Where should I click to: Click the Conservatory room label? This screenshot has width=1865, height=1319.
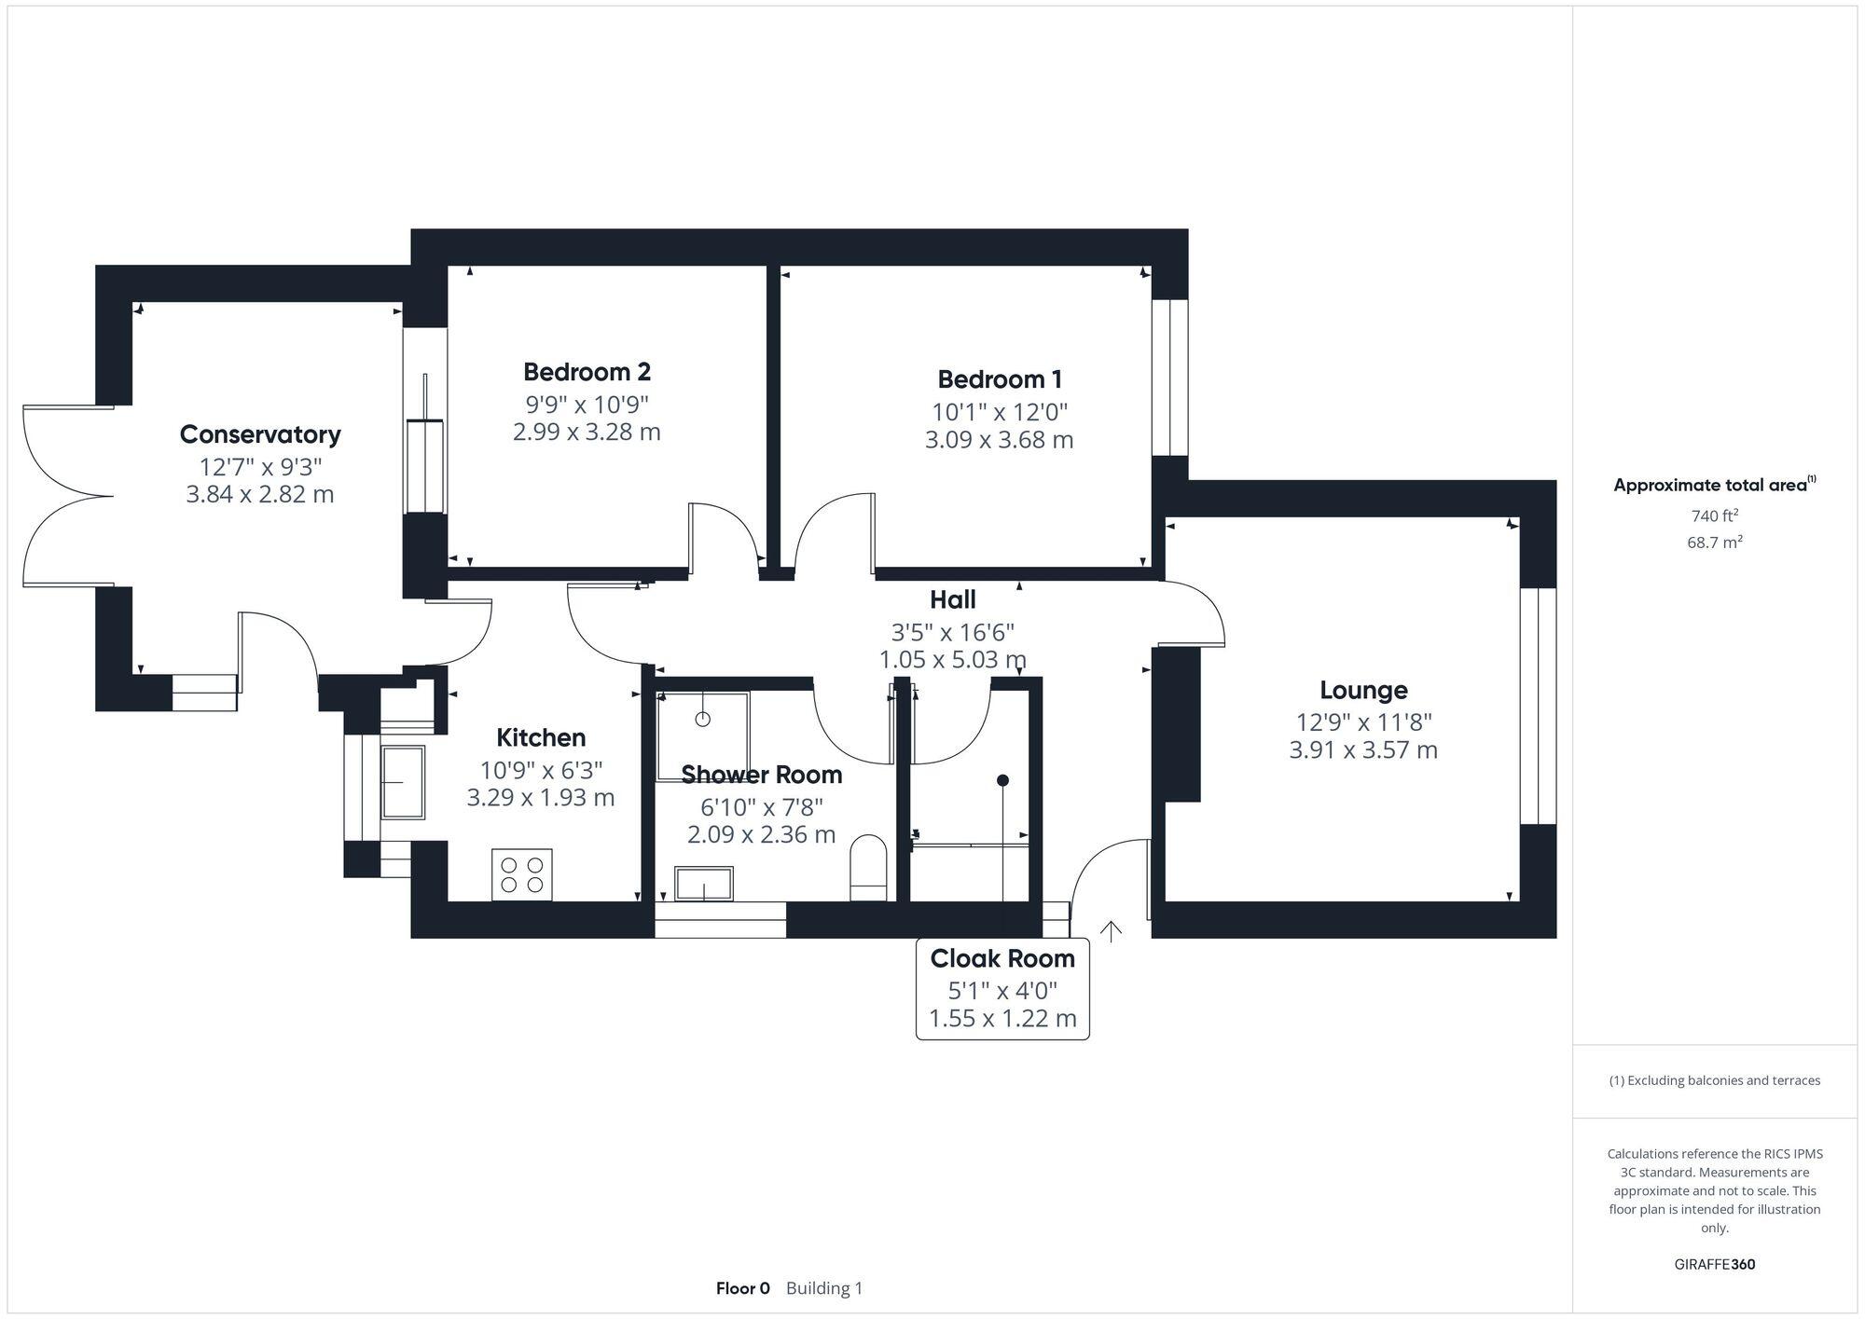pyautogui.click(x=260, y=434)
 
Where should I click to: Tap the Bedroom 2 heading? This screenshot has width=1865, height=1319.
pyautogui.click(x=587, y=372)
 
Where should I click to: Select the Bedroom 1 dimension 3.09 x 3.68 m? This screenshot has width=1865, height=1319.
pyautogui.click(x=999, y=439)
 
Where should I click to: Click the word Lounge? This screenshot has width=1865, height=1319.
pyautogui.click(x=1363, y=691)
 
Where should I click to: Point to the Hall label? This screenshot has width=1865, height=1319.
pyautogui.click(x=952, y=599)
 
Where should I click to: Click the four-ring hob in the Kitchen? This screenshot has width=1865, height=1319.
pyautogui.click(x=522, y=874)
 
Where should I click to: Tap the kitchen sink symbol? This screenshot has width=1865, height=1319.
pyautogui.click(x=403, y=782)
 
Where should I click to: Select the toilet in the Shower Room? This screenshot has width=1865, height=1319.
pyautogui.click(x=868, y=867)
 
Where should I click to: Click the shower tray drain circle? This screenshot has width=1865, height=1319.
pyautogui.click(x=702, y=719)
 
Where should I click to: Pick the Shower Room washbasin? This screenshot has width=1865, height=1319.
pyautogui.click(x=703, y=883)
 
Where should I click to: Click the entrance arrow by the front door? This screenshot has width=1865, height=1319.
pyautogui.click(x=1111, y=930)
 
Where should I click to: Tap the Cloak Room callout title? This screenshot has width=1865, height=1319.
pyautogui.click(x=1002, y=958)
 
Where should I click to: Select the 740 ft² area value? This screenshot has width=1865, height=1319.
pyautogui.click(x=1714, y=515)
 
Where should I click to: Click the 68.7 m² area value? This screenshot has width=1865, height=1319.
pyautogui.click(x=1714, y=543)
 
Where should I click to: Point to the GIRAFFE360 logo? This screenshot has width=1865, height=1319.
pyautogui.click(x=1714, y=1264)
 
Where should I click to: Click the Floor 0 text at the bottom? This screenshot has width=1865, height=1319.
pyautogui.click(x=742, y=1288)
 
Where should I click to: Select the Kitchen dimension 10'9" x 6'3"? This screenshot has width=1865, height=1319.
pyautogui.click(x=541, y=770)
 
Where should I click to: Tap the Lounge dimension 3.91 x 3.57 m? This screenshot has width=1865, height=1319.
pyautogui.click(x=1363, y=749)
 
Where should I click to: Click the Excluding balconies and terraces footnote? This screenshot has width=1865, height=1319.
pyautogui.click(x=1714, y=1080)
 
